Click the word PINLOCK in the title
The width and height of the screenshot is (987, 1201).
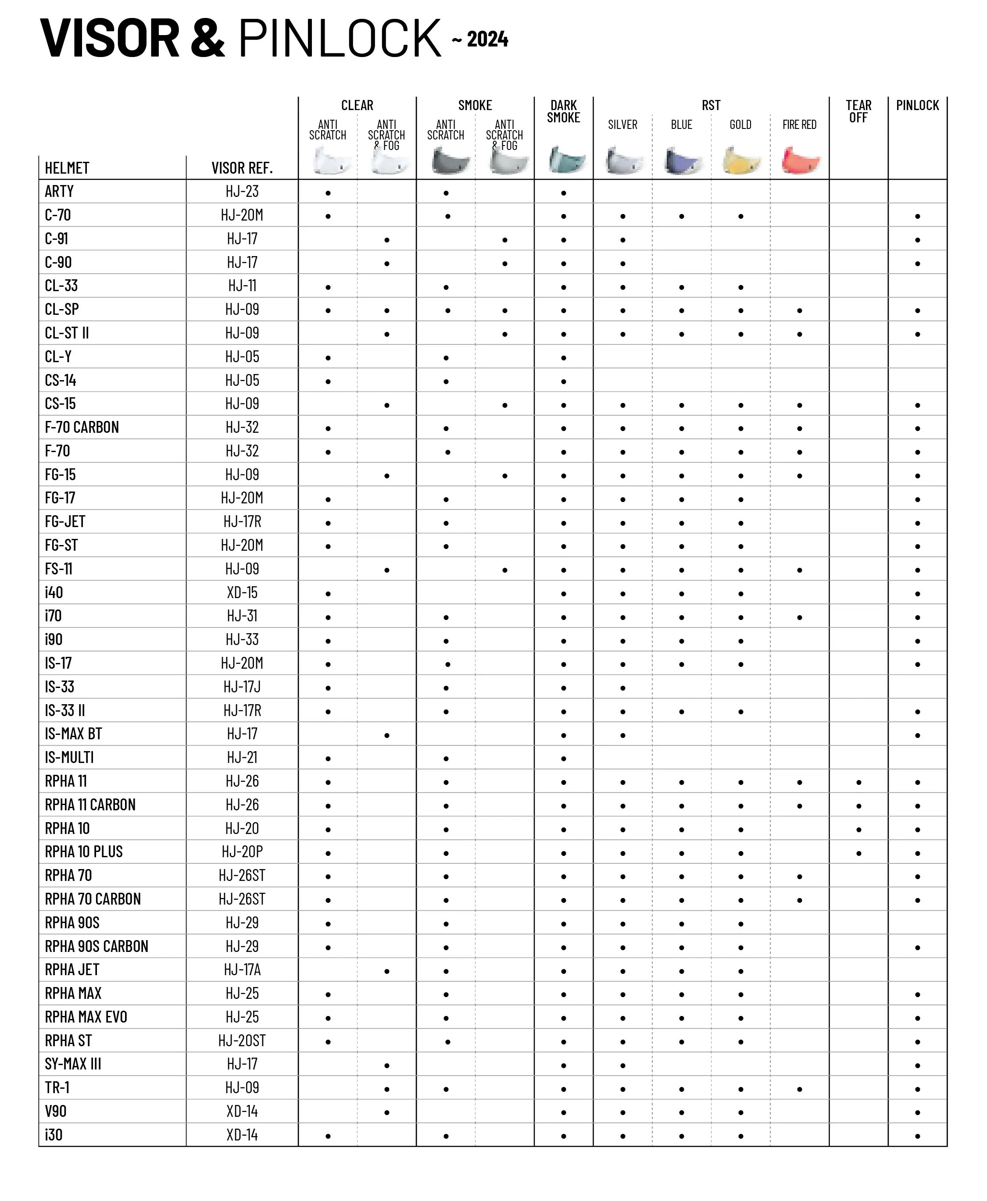[x=340, y=38]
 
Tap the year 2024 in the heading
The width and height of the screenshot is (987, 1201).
[x=487, y=39]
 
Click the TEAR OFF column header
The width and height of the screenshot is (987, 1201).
[x=858, y=111]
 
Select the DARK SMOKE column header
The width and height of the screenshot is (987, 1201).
[x=563, y=111]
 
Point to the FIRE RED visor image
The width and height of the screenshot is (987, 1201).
[x=800, y=160]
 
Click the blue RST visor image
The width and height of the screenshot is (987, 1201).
[x=682, y=160]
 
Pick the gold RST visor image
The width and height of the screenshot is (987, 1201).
[x=741, y=160]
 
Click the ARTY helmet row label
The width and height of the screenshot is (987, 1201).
[x=59, y=192]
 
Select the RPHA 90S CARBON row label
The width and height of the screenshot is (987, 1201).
[x=97, y=946]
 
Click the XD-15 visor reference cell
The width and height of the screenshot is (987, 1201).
[x=242, y=593]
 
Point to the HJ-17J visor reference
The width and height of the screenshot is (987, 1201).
[x=242, y=687]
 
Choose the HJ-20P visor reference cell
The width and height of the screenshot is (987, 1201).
[x=242, y=852]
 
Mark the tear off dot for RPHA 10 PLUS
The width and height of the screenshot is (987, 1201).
[x=858, y=853]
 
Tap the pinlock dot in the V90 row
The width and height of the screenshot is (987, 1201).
[x=918, y=1112]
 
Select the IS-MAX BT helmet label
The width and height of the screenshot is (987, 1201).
[x=73, y=734]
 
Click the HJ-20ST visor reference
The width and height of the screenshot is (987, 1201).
[x=242, y=1041]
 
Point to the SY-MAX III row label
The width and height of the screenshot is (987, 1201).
[x=73, y=1064]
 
